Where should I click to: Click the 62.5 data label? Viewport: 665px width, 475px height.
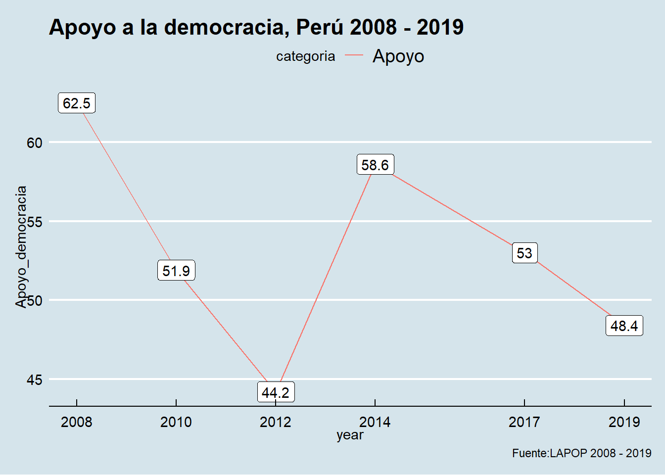(77, 103)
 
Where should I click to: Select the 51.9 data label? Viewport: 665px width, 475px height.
(176, 271)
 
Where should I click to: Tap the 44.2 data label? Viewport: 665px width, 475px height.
(276, 392)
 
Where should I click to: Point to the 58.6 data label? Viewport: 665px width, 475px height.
(375, 165)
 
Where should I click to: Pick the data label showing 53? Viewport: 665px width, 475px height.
(524, 253)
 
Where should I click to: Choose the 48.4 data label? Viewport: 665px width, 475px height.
(624, 326)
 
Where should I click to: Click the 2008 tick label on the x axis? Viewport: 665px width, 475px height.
(77, 422)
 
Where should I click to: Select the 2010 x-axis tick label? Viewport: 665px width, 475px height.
(176, 422)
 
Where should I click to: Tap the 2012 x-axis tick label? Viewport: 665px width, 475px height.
(276, 422)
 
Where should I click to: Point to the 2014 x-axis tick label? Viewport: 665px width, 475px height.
(375, 422)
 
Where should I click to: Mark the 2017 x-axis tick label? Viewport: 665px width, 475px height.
(524, 422)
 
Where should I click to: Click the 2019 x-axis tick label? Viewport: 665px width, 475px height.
(624, 422)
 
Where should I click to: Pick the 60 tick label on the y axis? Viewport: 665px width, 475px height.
(35, 143)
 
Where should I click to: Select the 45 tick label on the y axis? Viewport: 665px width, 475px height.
(35, 380)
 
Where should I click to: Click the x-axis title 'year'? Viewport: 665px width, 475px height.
(350, 435)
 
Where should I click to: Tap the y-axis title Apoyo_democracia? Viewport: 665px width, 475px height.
(21, 246)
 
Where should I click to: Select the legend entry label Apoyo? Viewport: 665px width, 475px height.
(398, 56)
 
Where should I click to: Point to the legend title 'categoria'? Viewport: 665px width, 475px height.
(305, 56)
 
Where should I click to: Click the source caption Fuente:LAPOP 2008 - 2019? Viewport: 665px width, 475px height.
(581, 453)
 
